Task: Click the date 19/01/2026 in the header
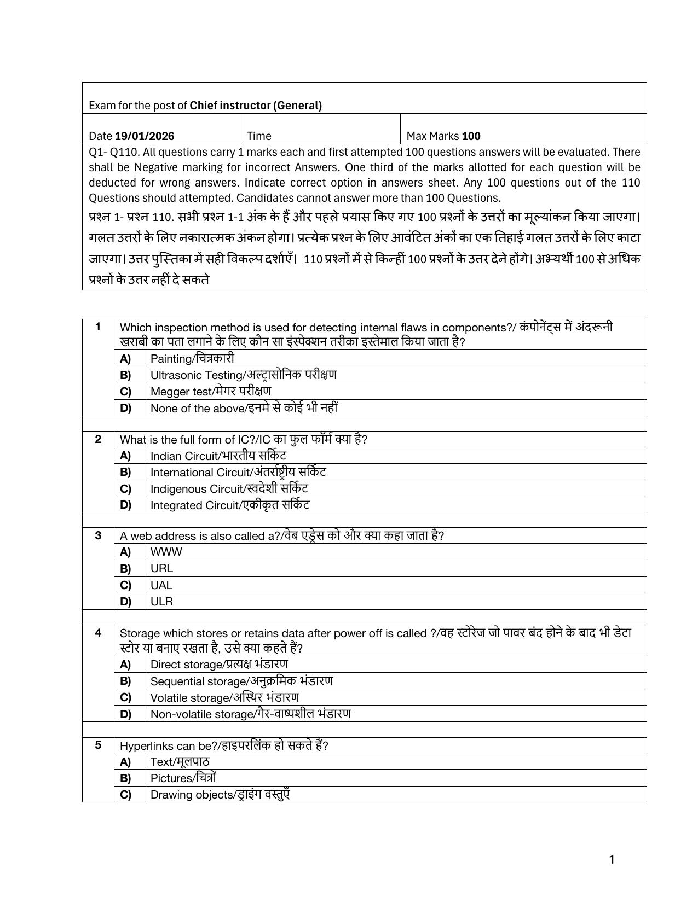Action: (x=145, y=136)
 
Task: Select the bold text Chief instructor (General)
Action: (x=256, y=106)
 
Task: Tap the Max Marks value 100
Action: (x=471, y=136)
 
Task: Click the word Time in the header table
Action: (x=259, y=136)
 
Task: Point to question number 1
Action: (x=98, y=327)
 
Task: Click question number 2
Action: (x=98, y=439)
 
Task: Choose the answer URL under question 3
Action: (x=161, y=568)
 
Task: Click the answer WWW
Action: (x=166, y=552)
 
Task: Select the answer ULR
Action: (x=161, y=602)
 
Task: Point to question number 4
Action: (x=98, y=633)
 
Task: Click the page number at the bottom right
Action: (x=612, y=860)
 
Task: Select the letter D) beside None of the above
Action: (x=126, y=408)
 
